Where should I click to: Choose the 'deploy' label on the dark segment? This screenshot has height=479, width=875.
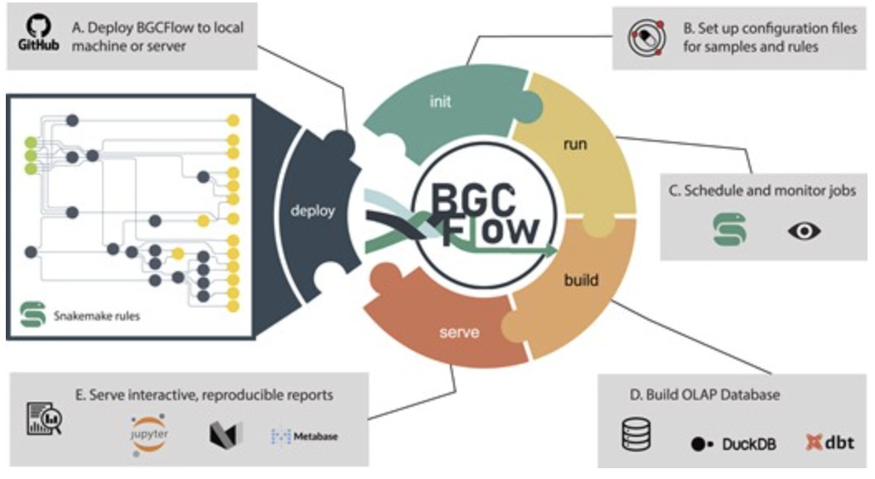click(x=312, y=210)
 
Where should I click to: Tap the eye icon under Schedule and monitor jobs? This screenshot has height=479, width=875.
click(x=803, y=230)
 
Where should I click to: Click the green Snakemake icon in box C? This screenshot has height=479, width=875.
click(x=729, y=229)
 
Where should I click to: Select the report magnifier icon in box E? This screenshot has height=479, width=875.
click(x=45, y=418)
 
